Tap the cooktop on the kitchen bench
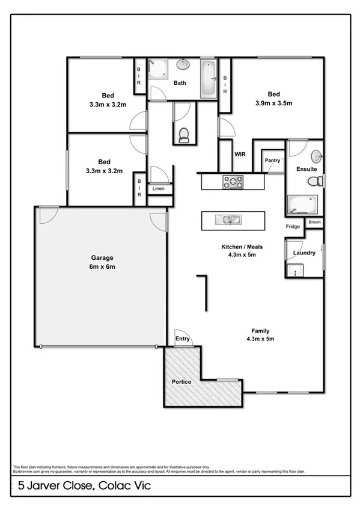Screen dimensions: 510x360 (x=233, y=181)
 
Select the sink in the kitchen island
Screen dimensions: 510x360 (x=232, y=220)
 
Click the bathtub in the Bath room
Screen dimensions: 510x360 (x=208, y=78)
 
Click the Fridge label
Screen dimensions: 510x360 (x=294, y=227)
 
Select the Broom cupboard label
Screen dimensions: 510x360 (x=314, y=222)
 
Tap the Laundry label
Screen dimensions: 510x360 (x=304, y=253)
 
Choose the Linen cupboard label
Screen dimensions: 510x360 (x=158, y=189)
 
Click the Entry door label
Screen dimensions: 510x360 (x=183, y=339)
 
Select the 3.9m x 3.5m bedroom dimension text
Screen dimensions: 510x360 (x=273, y=103)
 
